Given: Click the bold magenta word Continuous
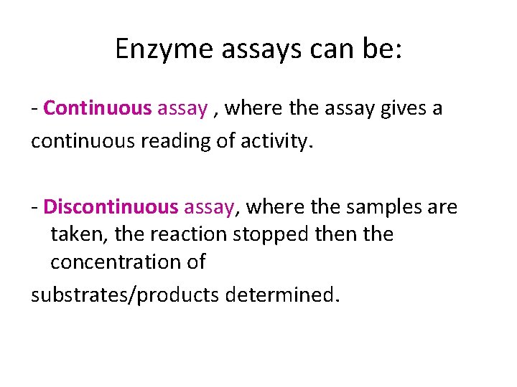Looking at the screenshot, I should (x=98, y=108).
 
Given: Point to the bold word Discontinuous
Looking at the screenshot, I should (x=110, y=207).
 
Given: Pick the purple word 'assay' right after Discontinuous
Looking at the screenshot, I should (x=209, y=207).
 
